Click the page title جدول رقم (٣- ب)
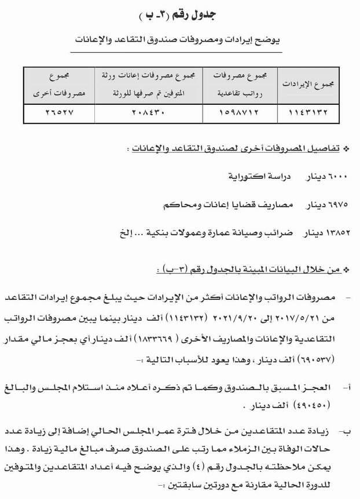pos(180,14)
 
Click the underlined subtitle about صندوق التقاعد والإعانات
pos(180,41)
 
